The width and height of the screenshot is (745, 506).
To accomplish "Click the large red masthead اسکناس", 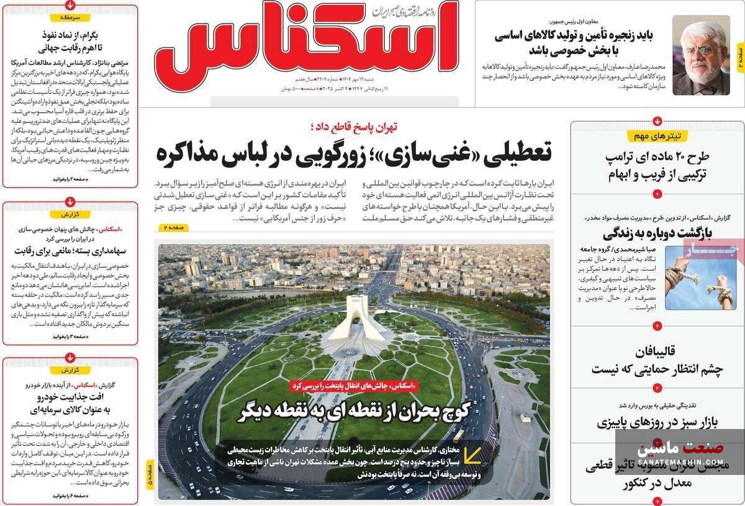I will pos(307,47).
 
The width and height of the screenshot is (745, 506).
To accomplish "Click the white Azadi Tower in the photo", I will pos(353,317).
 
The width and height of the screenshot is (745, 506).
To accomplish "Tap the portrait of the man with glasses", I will pos(700,55).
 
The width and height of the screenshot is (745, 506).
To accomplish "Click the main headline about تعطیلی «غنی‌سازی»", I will pos(354,153).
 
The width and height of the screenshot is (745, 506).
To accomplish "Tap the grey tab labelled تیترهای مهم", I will pos(657,136).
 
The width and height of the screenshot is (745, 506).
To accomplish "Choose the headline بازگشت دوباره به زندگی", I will pos(657,233).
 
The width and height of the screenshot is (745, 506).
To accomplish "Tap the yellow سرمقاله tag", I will pos(70,18).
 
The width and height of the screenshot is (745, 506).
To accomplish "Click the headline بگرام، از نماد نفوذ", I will pos(70,40).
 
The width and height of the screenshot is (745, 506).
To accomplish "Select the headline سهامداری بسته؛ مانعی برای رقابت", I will pos(70,251).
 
